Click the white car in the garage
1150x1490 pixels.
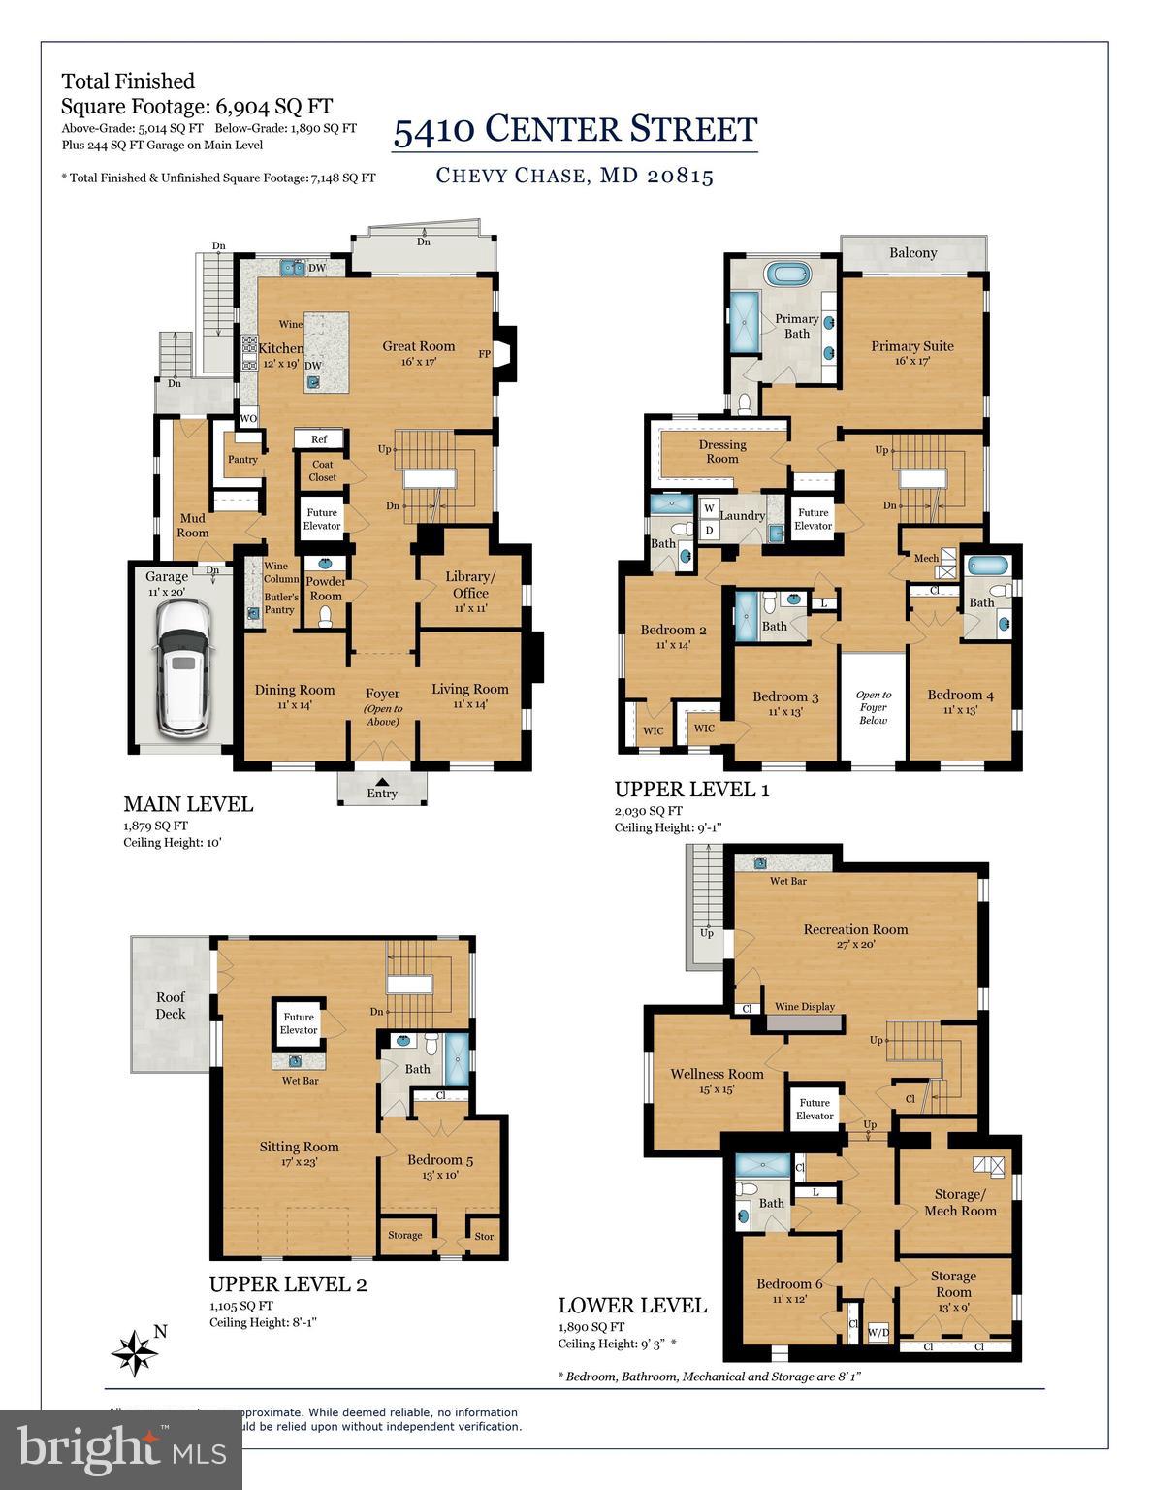[x=182, y=665]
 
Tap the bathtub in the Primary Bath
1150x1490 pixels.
[x=794, y=274]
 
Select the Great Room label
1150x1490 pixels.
[x=418, y=346]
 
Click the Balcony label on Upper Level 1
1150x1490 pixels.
[x=912, y=253]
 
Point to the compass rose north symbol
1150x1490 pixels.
[x=135, y=1349]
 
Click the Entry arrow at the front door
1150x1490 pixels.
[x=382, y=782]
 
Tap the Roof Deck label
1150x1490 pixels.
[x=171, y=1005]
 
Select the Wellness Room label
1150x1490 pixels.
[x=717, y=1074]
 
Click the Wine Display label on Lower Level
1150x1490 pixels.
[x=804, y=1007]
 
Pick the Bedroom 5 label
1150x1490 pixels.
[x=440, y=1160]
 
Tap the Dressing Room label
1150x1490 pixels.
[x=722, y=451]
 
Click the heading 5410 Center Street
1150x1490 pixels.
[x=575, y=129]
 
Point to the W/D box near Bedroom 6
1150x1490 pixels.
[x=878, y=1332]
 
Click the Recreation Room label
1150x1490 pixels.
[x=855, y=929]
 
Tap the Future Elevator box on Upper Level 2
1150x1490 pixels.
[x=299, y=1024]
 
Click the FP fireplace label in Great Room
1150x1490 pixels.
[x=484, y=354]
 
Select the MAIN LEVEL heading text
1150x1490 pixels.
[x=188, y=804]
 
